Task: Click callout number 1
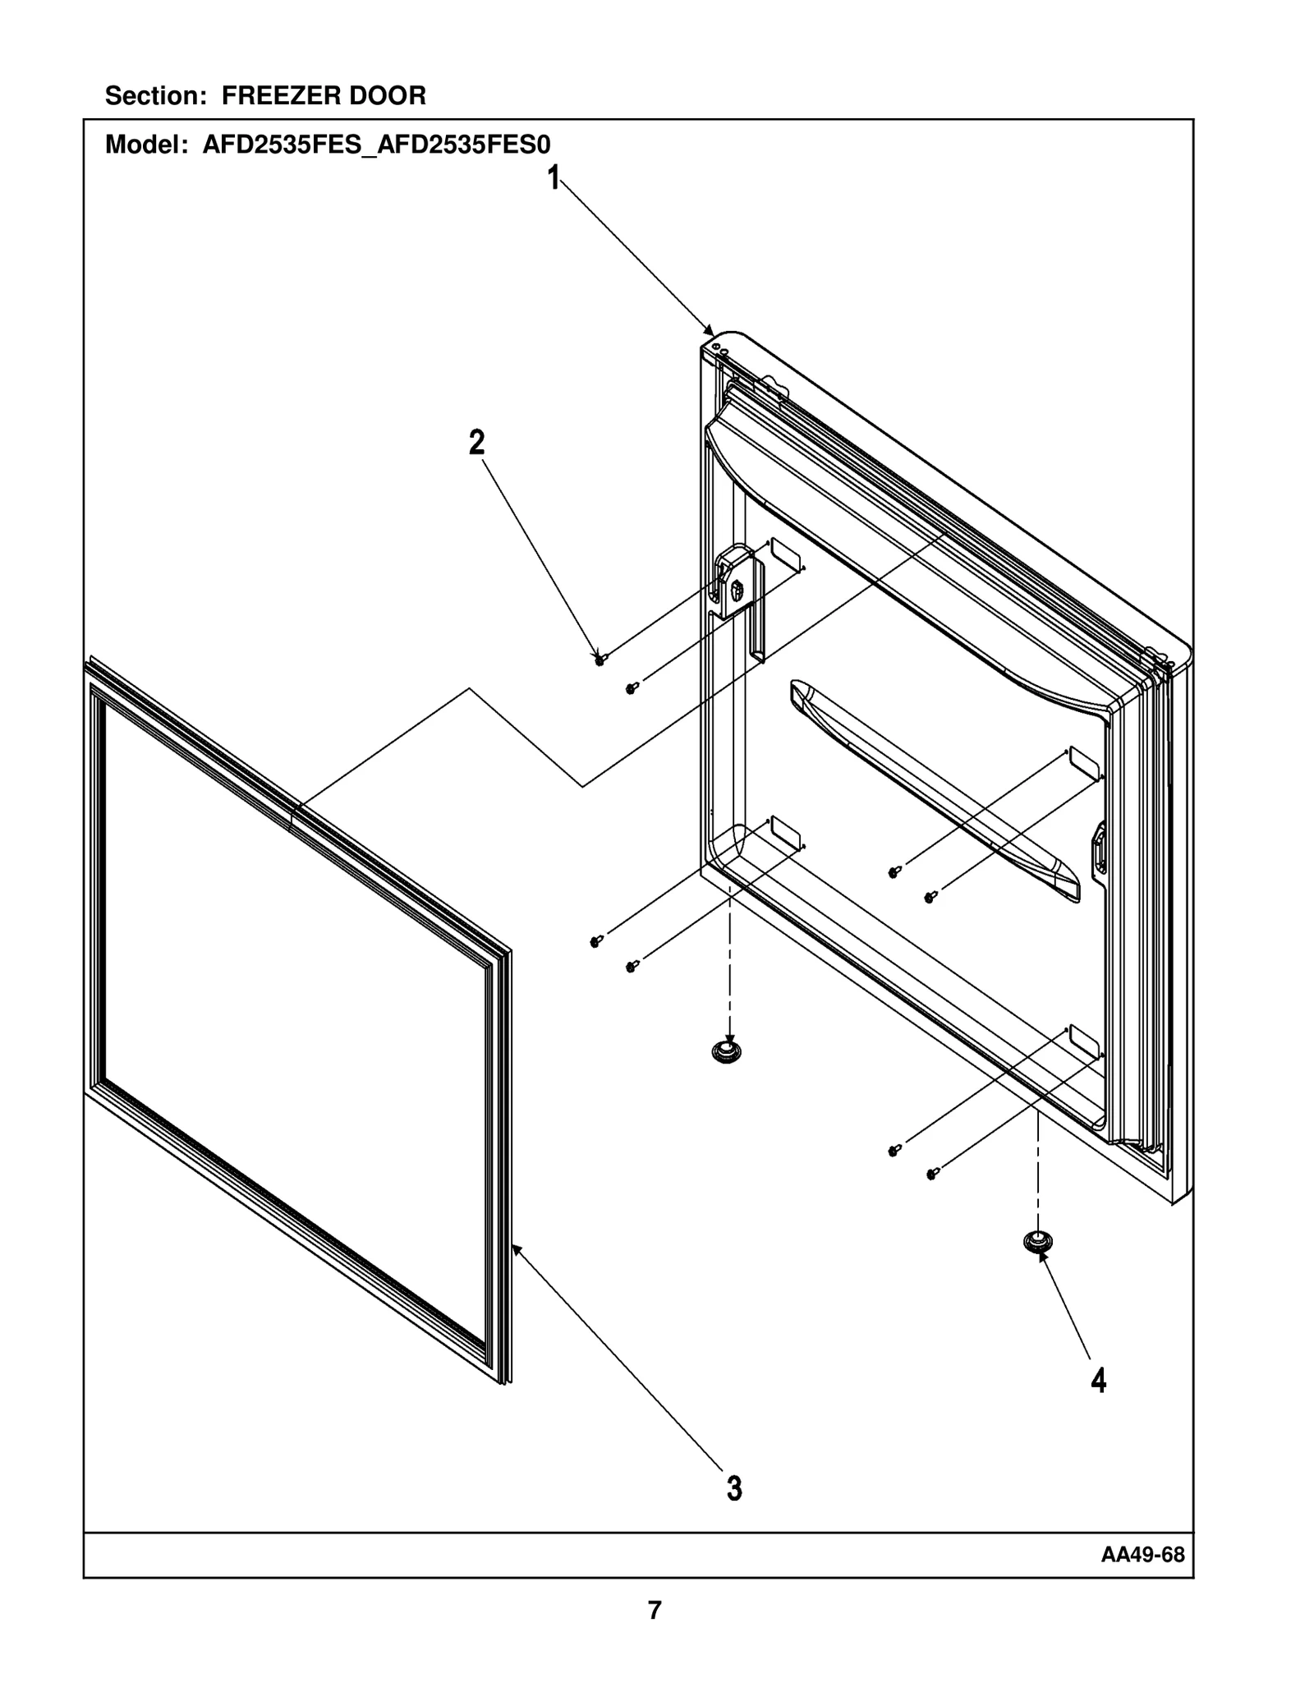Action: pos(554,177)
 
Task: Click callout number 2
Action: pos(476,444)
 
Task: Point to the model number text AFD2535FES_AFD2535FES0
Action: pos(376,145)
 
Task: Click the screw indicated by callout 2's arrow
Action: pos(600,659)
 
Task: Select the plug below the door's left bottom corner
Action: pos(727,1050)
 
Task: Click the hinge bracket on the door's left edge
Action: pos(733,586)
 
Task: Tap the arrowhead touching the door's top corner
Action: pos(710,330)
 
